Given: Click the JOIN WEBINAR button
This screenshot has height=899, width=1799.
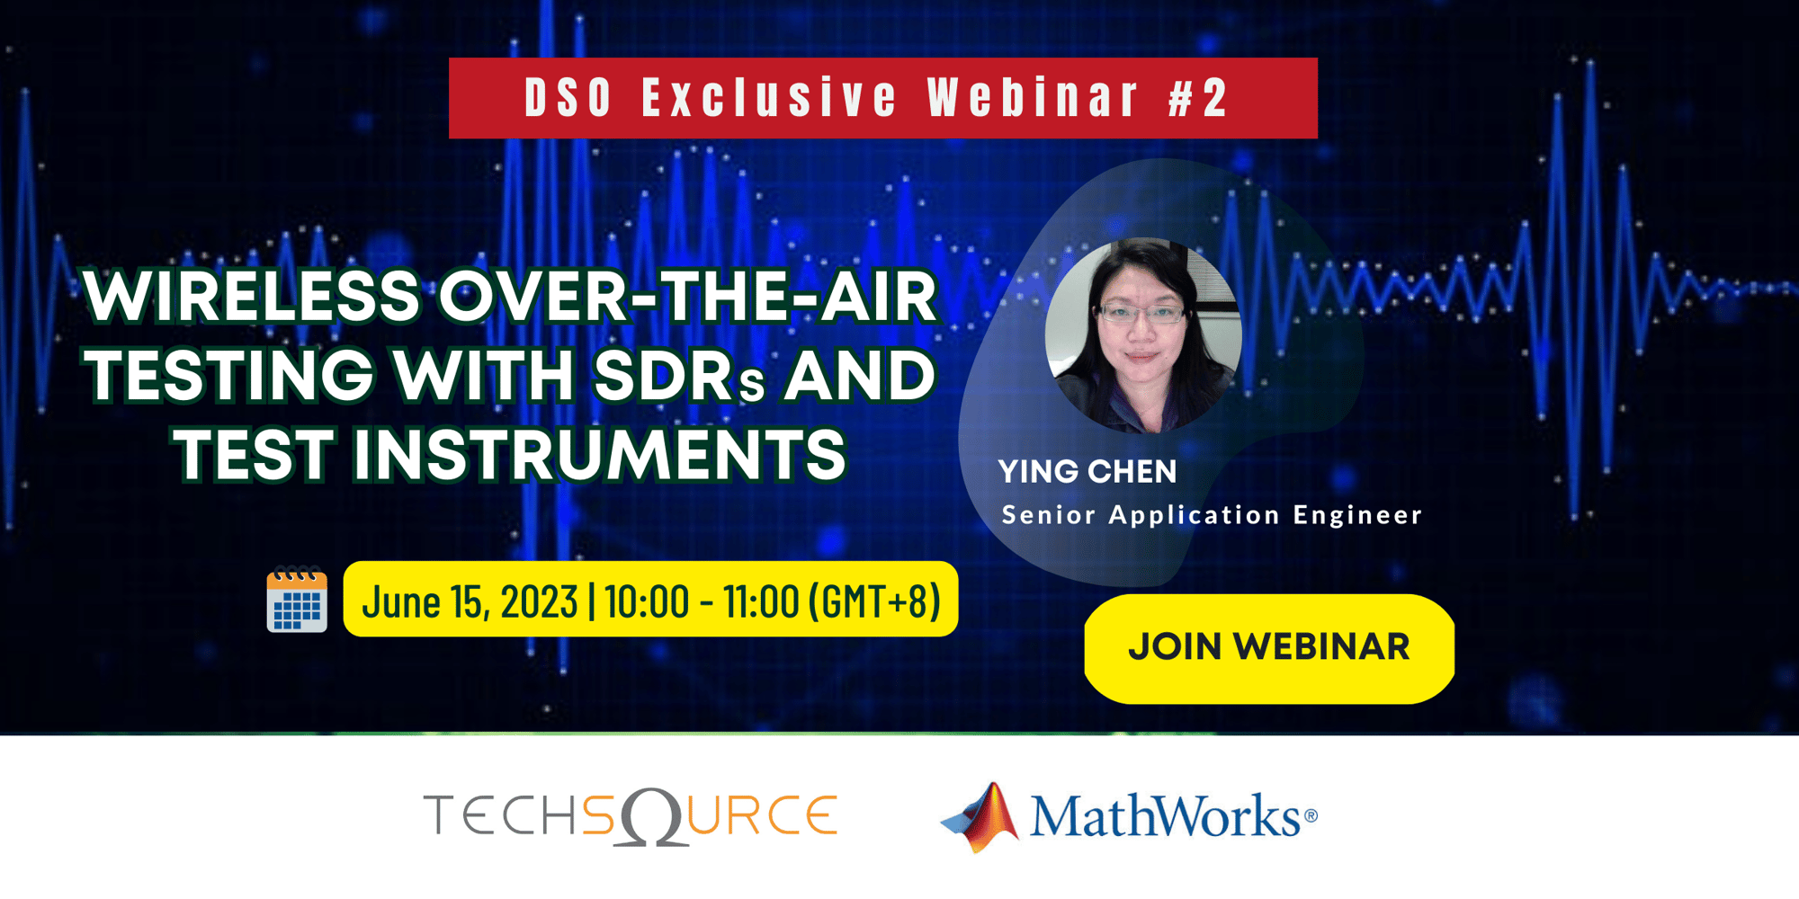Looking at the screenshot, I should click(1268, 647).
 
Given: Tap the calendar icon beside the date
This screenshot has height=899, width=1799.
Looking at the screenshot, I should click(297, 601).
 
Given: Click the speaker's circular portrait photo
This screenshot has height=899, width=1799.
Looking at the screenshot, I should click(1143, 334).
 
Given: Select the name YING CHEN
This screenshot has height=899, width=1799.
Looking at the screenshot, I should click(1087, 472).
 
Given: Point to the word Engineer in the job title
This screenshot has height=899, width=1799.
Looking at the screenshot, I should click(1357, 515).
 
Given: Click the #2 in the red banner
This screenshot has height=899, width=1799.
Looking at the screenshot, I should click(1198, 98).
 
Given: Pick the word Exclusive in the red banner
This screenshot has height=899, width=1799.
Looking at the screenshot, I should click(769, 98).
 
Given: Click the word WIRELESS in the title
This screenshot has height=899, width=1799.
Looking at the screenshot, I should click(252, 297).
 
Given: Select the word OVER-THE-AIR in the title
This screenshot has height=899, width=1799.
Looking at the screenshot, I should click(688, 297).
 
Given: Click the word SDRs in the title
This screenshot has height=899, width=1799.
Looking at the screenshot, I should click(679, 376).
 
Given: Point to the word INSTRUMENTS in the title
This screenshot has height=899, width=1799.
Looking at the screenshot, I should click(599, 454).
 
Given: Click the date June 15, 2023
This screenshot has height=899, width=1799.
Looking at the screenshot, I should click(470, 601).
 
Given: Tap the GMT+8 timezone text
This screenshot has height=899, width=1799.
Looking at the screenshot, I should click(874, 601).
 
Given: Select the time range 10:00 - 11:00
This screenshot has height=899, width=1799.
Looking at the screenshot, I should click(702, 601).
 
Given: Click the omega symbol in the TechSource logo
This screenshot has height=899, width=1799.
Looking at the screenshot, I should click(653, 817).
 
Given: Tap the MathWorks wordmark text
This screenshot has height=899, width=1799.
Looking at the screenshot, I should click(1165, 816).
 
